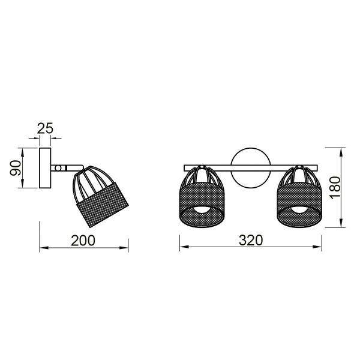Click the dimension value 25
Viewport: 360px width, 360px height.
45,127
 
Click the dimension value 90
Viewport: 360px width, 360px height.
16,167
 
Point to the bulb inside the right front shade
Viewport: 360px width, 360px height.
298,209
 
